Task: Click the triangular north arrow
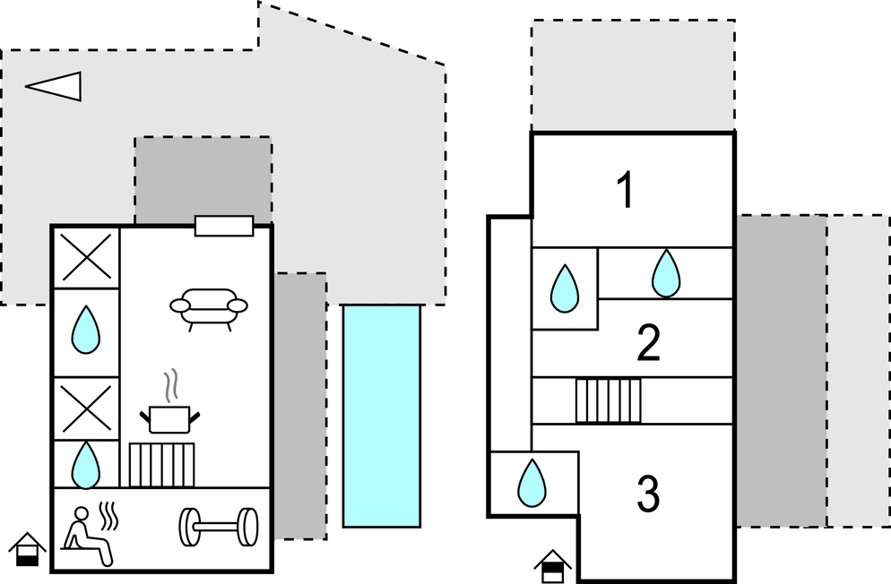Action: (56, 85)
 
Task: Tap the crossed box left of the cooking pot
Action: (87, 408)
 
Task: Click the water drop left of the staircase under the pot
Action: (87, 464)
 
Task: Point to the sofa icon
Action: (208, 307)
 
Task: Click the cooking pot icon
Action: (169, 418)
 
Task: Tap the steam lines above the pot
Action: (169, 386)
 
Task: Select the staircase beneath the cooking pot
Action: (162, 465)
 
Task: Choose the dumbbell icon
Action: (219, 528)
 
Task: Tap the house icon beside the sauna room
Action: (28, 548)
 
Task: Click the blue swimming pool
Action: (382, 415)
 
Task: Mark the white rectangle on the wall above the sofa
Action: (224, 227)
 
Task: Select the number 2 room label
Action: (648, 345)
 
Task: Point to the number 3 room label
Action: (648, 494)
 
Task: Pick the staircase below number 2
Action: (609, 400)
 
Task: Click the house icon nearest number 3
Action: (553, 565)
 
